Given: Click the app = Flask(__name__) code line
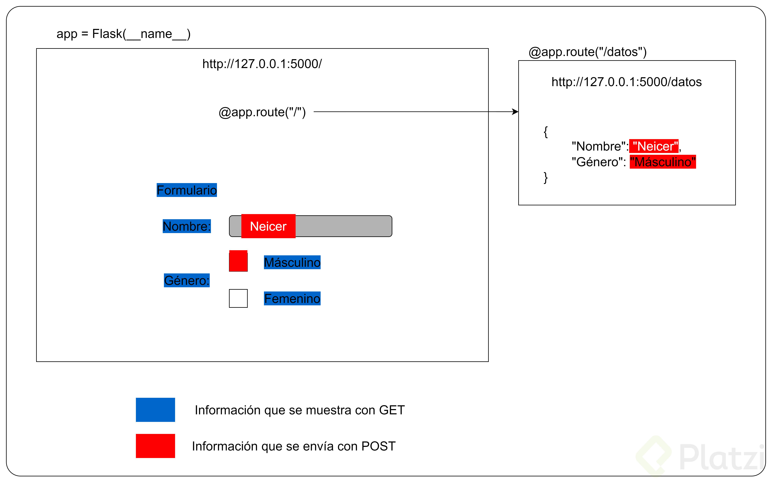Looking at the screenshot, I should tap(123, 34).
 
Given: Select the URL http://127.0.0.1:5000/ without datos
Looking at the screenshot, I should tap(262, 64).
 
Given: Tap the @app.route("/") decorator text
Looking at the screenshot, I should tap(262, 112).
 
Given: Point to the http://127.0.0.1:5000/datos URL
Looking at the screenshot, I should tap(626, 82).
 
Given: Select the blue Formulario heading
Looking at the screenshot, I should tap(187, 190).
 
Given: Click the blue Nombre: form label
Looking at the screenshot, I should tap(187, 226).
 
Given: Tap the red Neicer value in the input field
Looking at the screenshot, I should tap(268, 226).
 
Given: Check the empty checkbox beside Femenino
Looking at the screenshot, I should tap(238, 298).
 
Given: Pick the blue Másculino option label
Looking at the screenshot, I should tap(292, 262).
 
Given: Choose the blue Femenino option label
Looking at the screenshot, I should tap(292, 298).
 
